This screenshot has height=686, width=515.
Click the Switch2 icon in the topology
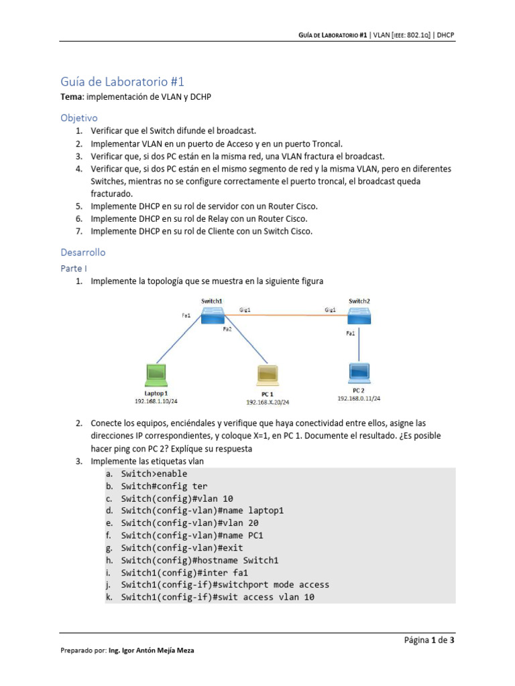tap(359, 317)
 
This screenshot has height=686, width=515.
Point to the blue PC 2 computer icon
tap(358, 372)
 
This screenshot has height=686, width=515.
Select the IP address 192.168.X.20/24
tap(267, 402)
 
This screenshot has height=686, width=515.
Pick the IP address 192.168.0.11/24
tap(358, 398)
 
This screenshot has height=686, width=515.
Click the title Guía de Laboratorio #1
tap(122, 82)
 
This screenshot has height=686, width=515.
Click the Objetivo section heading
tap(79, 117)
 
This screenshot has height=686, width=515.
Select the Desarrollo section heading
tap(83, 253)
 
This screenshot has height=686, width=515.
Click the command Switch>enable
tap(154, 474)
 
